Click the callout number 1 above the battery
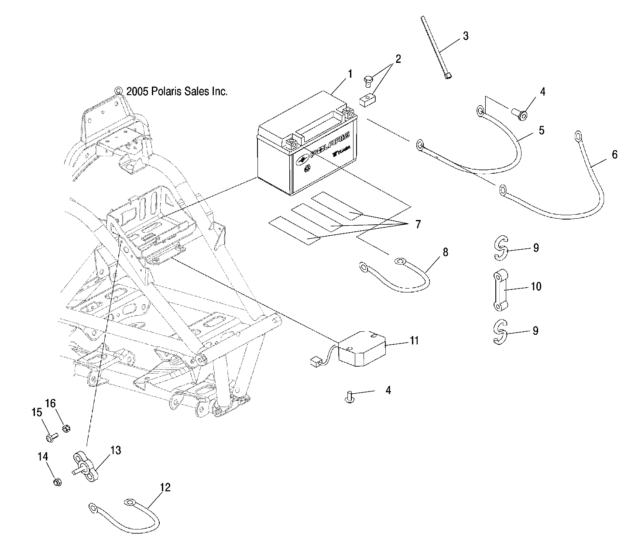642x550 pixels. tap(350, 75)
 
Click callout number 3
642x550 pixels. tap(466, 36)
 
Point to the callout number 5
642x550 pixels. tap(541, 131)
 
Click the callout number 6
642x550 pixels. tap(614, 154)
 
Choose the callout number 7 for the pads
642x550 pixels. tap(417, 224)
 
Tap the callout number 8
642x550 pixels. tap(445, 252)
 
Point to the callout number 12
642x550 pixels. tap(165, 488)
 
